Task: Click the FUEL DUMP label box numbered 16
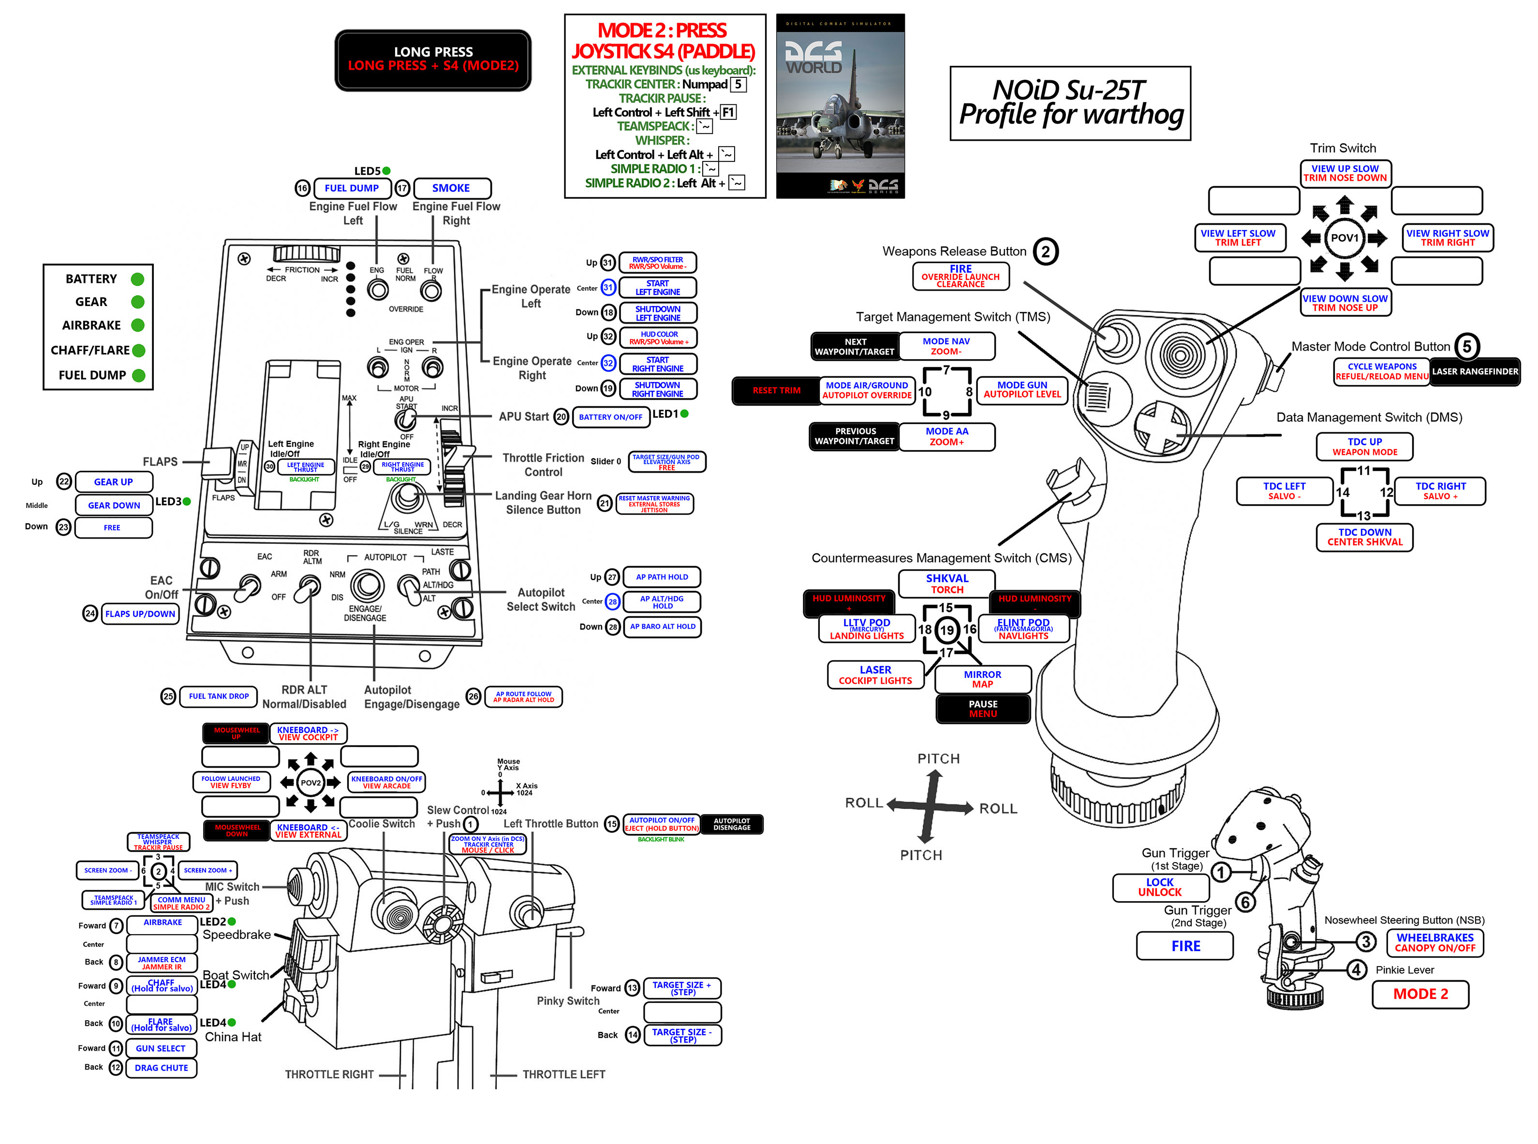[x=351, y=189]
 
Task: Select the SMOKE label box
[x=452, y=189]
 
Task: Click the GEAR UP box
[x=114, y=482]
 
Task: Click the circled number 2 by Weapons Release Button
[x=1046, y=251]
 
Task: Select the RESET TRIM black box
[x=776, y=391]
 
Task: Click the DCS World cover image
[x=840, y=106]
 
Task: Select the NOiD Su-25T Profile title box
[x=1070, y=103]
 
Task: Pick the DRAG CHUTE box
[x=162, y=1068]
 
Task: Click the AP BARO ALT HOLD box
[x=662, y=627]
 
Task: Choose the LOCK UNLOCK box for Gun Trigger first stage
[x=1160, y=888]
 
